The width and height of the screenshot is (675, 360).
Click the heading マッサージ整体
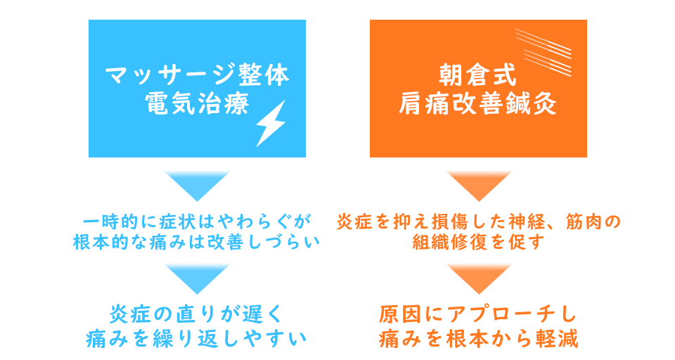coord(197,76)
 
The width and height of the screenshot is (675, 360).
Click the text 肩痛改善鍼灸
coord(478,104)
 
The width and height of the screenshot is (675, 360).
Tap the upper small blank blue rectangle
coord(197,186)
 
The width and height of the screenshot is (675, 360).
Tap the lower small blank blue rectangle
coord(197,278)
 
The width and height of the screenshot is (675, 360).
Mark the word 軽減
coord(560,338)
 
